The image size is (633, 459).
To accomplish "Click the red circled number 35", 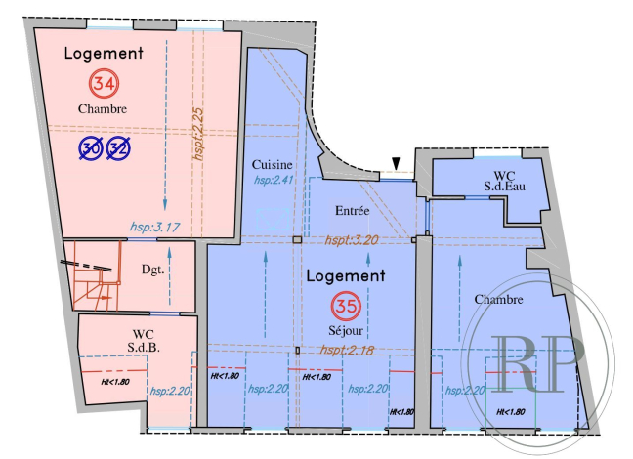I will (346, 306).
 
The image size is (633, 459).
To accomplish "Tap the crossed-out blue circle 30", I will (91, 147).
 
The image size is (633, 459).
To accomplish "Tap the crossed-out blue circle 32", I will (119, 147).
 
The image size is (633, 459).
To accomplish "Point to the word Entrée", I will (352, 210).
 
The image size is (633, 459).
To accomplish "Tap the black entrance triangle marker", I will (396, 163).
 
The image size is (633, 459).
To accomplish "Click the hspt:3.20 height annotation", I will (352, 237).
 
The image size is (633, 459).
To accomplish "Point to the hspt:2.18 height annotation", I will (347, 350).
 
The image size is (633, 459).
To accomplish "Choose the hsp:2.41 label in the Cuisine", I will (274, 181).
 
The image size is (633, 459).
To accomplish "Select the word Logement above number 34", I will (104, 53).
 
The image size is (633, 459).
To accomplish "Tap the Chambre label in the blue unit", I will (498, 299).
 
